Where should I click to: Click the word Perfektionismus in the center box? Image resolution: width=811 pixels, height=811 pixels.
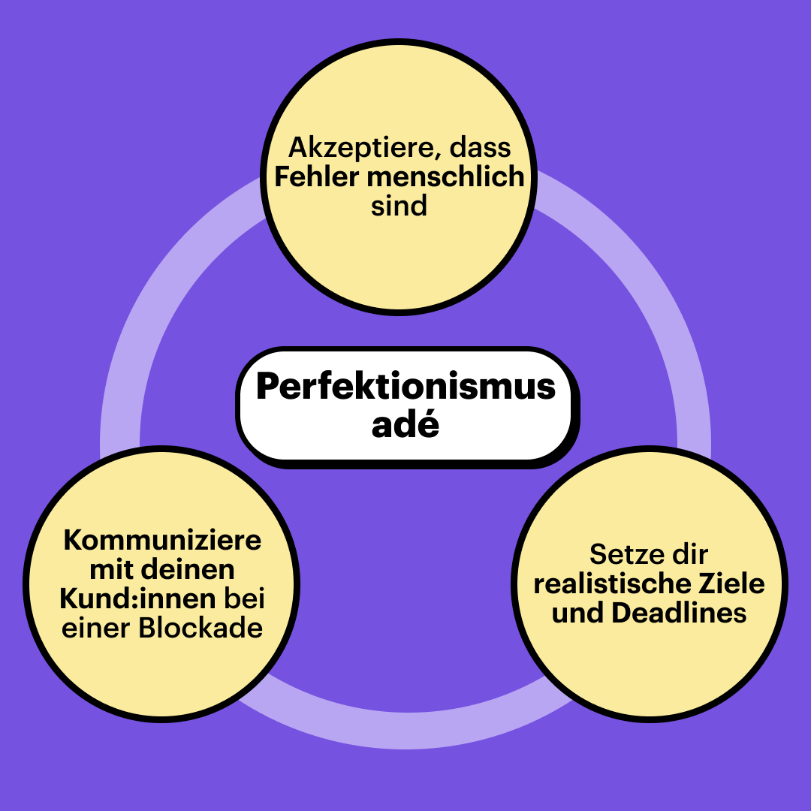coord(405,387)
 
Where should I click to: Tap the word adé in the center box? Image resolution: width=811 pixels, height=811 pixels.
coord(405,426)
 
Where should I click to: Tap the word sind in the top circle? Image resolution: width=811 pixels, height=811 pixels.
coord(399,206)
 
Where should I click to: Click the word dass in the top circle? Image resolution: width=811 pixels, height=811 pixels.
coord(480,146)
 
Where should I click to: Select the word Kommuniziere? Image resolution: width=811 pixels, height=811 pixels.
coord(162,540)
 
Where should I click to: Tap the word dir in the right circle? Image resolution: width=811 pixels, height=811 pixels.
coord(689,554)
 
